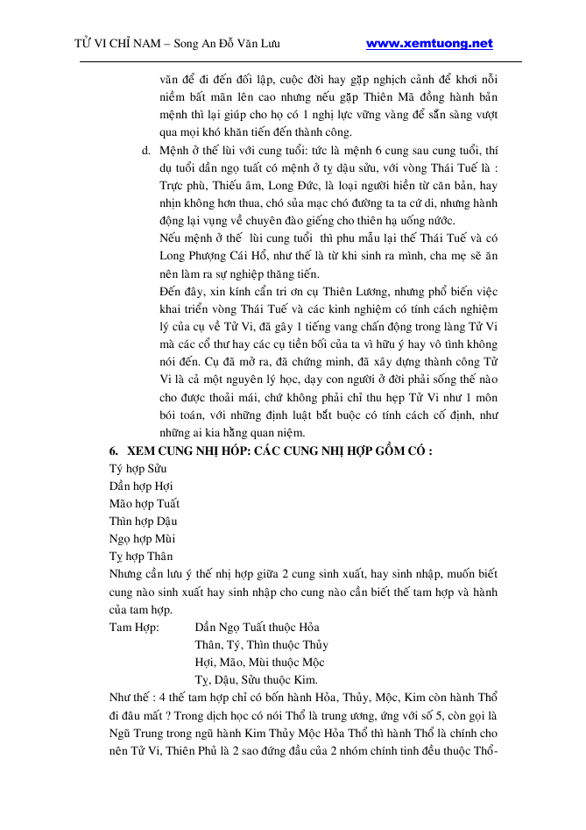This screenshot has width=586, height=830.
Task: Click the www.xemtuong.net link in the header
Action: pyautogui.click(x=428, y=43)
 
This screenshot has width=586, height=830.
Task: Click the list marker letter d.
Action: pyautogui.click(x=145, y=150)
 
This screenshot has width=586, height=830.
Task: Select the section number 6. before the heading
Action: pyautogui.click(x=114, y=450)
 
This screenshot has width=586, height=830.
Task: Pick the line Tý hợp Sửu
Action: pyautogui.click(x=132, y=468)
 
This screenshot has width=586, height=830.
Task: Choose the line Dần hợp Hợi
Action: pyautogui.click(x=136, y=486)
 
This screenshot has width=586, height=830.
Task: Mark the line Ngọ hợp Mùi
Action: pyautogui.click(x=137, y=538)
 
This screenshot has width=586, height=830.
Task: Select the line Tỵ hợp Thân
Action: pyautogui.click(x=136, y=556)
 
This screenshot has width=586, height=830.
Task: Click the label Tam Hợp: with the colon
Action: pyautogui.click(x=134, y=627)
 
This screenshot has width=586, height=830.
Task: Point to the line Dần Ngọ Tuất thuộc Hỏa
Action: pyautogui.click(x=257, y=627)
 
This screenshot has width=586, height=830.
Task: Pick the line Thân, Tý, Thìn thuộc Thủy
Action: pyautogui.click(x=260, y=644)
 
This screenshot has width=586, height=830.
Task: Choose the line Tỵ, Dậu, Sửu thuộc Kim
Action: pyautogui.click(x=255, y=679)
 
